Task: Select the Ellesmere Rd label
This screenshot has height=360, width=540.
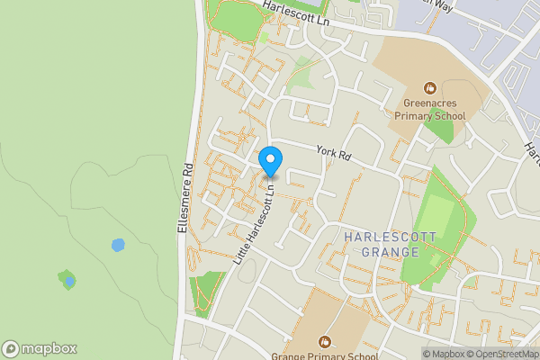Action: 185,199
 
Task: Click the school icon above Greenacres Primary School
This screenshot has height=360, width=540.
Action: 431,88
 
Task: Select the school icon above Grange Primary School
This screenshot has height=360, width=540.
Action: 324,341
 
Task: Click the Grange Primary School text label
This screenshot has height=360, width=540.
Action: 324,355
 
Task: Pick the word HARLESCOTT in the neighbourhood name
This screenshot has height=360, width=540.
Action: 391,237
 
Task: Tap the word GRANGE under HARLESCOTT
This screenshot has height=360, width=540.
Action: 391,252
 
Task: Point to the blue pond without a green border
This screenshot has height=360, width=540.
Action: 117,245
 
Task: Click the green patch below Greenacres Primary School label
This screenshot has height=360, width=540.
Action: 438,130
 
